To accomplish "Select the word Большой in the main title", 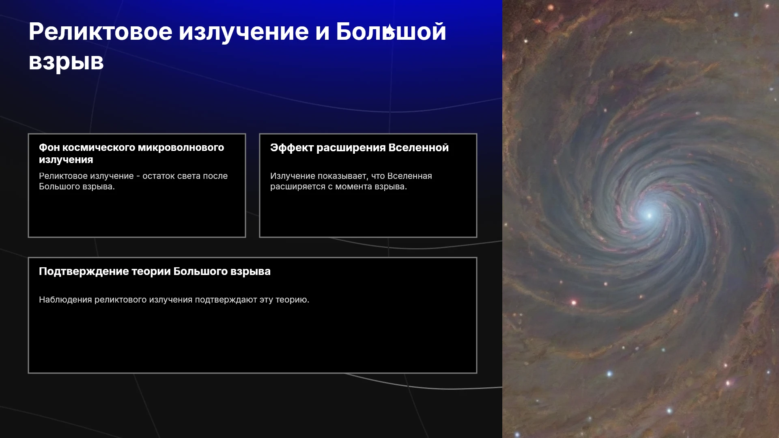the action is coord(391,31).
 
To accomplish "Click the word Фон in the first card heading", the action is coord(49,148).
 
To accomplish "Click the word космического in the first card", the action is coord(99,148).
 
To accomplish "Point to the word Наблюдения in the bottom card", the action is coord(65,300).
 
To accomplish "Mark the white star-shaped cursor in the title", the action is coord(389,30).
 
